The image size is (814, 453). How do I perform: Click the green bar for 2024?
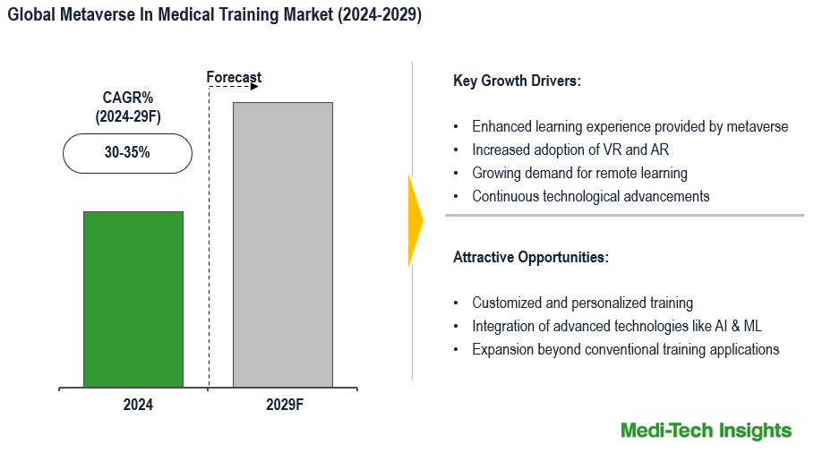click(x=133, y=299)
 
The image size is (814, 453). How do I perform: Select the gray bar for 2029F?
click(x=282, y=244)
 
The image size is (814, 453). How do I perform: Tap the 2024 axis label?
click(x=138, y=405)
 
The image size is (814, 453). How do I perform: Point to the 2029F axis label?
click(x=285, y=405)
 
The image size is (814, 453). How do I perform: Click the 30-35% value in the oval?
click(x=127, y=153)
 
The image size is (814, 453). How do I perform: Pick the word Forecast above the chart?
click(x=234, y=78)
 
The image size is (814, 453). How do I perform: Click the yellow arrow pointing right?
click(x=415, y=220)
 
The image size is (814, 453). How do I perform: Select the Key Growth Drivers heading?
click(x=517, y=81)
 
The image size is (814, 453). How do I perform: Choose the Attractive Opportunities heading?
click(x=530, y=258)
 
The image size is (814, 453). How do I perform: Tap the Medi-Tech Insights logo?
click(x=706, y=431)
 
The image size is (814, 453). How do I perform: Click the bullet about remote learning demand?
click(x=579, y=173)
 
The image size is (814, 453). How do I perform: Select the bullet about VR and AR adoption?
click(x=570, y=150)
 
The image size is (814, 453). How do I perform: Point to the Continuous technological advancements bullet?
click(x=590, y=196)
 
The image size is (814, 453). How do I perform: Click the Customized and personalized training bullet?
click(x=582, y=303)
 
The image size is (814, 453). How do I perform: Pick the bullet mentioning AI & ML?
click(x=616, y=326)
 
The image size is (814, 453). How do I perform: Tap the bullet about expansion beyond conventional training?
click(x=625, y=349)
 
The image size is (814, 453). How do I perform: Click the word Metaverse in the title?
click(x=97, y=15)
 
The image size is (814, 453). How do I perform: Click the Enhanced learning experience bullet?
click(x=630, y=126)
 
